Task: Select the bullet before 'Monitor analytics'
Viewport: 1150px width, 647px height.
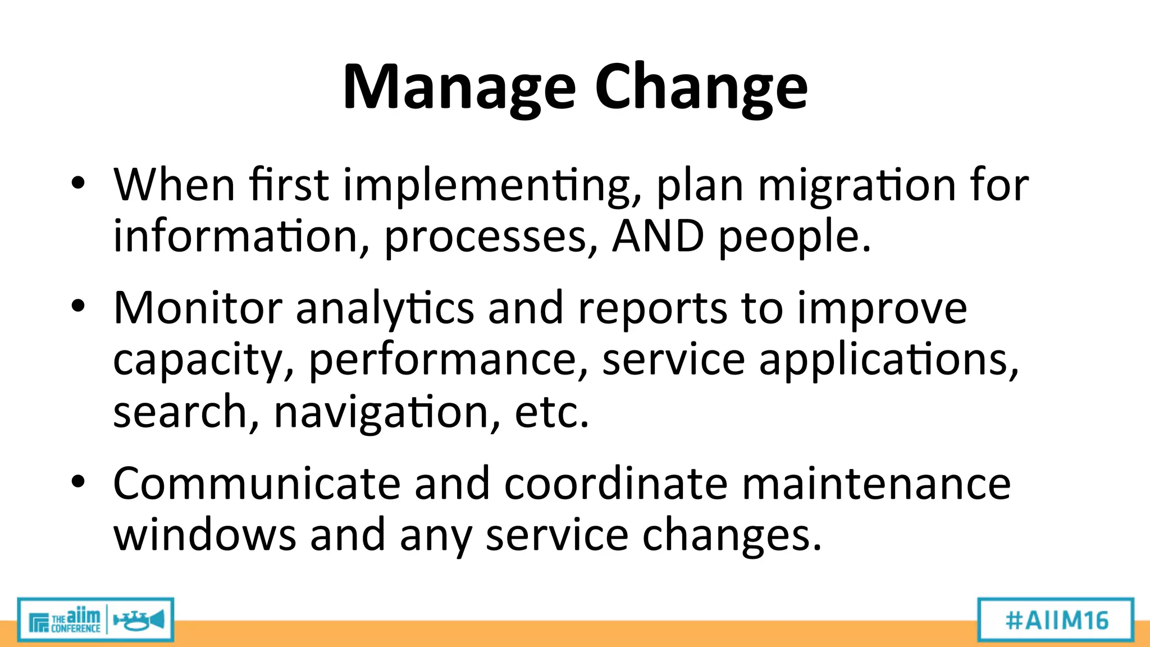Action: point(78,306)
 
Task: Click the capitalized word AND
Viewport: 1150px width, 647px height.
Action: point(658,236)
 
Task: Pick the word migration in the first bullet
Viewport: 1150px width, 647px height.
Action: point(857,185)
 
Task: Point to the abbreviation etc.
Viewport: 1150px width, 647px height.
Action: point(552,412)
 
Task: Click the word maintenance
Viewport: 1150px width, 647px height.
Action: point(876,484)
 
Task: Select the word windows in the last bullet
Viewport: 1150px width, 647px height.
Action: point(204,535)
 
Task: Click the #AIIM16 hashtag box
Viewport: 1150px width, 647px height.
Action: point(1056,620)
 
